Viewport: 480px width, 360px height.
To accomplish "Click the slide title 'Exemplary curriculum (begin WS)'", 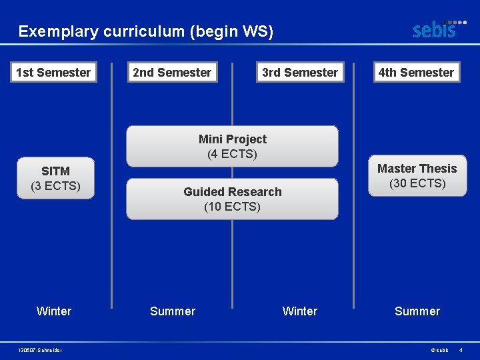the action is click(x=146, y=31).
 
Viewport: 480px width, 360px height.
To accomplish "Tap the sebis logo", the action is click(x=438, y=29).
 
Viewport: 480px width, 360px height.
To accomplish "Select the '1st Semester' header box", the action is click(x=53, y=72).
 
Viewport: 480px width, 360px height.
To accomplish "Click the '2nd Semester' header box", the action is click(x=172, y=72).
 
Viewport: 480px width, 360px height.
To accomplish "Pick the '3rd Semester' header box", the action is click(x=300, y=72).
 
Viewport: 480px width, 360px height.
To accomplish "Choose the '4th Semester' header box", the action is click(x=416, y=72).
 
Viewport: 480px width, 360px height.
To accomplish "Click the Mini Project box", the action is click(x=232, y=147).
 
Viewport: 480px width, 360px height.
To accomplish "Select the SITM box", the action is click(x=55, y=179).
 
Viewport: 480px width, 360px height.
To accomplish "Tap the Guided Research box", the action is click(x=232, y=199).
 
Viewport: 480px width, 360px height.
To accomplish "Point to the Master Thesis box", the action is click(x=417, y=176).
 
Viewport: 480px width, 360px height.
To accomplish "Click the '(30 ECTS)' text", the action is click(x=417, y=183).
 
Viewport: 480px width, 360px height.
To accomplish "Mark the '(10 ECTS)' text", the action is click(x=232, y=207).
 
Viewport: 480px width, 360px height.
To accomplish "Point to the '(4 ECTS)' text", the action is click(x=232, y=154).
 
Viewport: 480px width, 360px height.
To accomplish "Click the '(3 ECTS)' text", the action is click(x=55, y=186).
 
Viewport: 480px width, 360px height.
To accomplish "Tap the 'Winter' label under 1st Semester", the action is click(x=54, y=311).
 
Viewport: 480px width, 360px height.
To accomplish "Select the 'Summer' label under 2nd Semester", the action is click(x=173, y=311).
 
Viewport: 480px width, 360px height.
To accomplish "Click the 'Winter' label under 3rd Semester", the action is click(x=300, y=311).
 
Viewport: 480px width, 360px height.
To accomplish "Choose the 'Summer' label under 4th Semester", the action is click(x=417, y=311).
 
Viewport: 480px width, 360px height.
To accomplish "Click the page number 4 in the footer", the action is click(x=461, y=350).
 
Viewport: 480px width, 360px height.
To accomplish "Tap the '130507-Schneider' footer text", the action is click(x=41, y=350).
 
